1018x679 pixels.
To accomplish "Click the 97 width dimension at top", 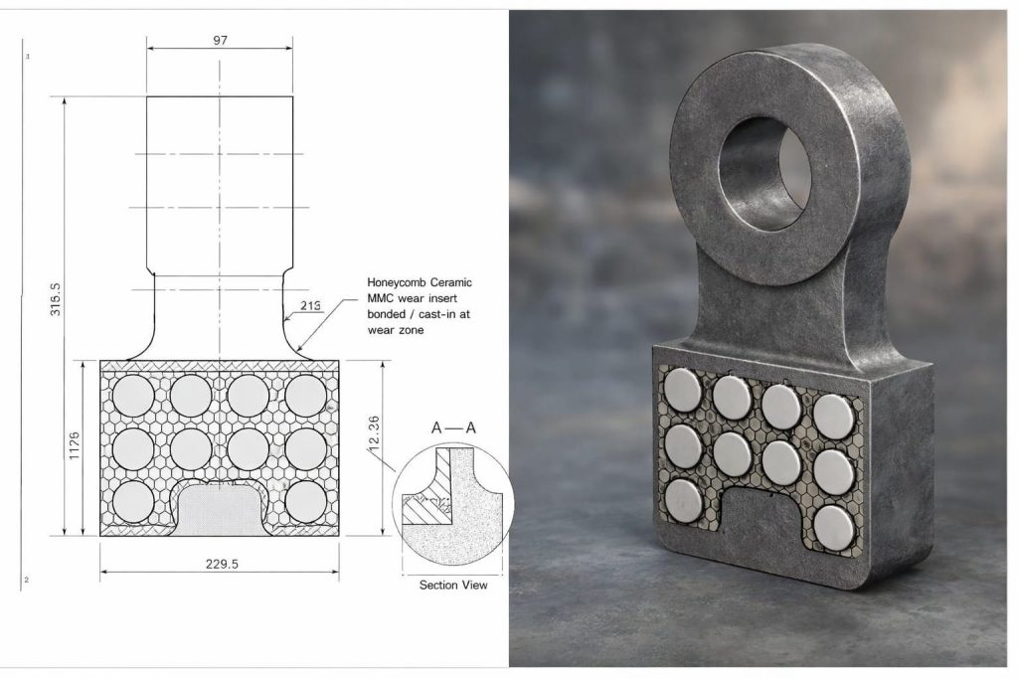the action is [220, 40].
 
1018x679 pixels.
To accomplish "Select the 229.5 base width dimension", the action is [222, 564].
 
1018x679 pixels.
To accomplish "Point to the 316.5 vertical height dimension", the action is [56, 299].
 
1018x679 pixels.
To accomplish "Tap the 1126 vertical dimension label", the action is [74, 445].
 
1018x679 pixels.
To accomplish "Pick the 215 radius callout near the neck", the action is [311, 306].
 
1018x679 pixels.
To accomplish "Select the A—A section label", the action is [453, 427].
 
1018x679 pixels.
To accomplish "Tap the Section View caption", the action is [453, 585].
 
